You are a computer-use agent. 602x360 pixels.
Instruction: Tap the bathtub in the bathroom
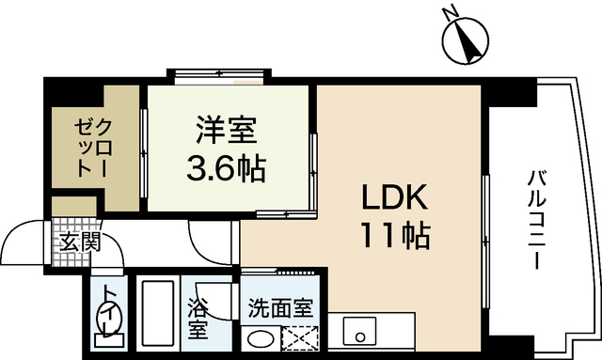pyautogui.click(x=158, y=316)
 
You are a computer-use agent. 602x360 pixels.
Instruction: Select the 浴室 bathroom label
pyautogui.click(x=198, y=318)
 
